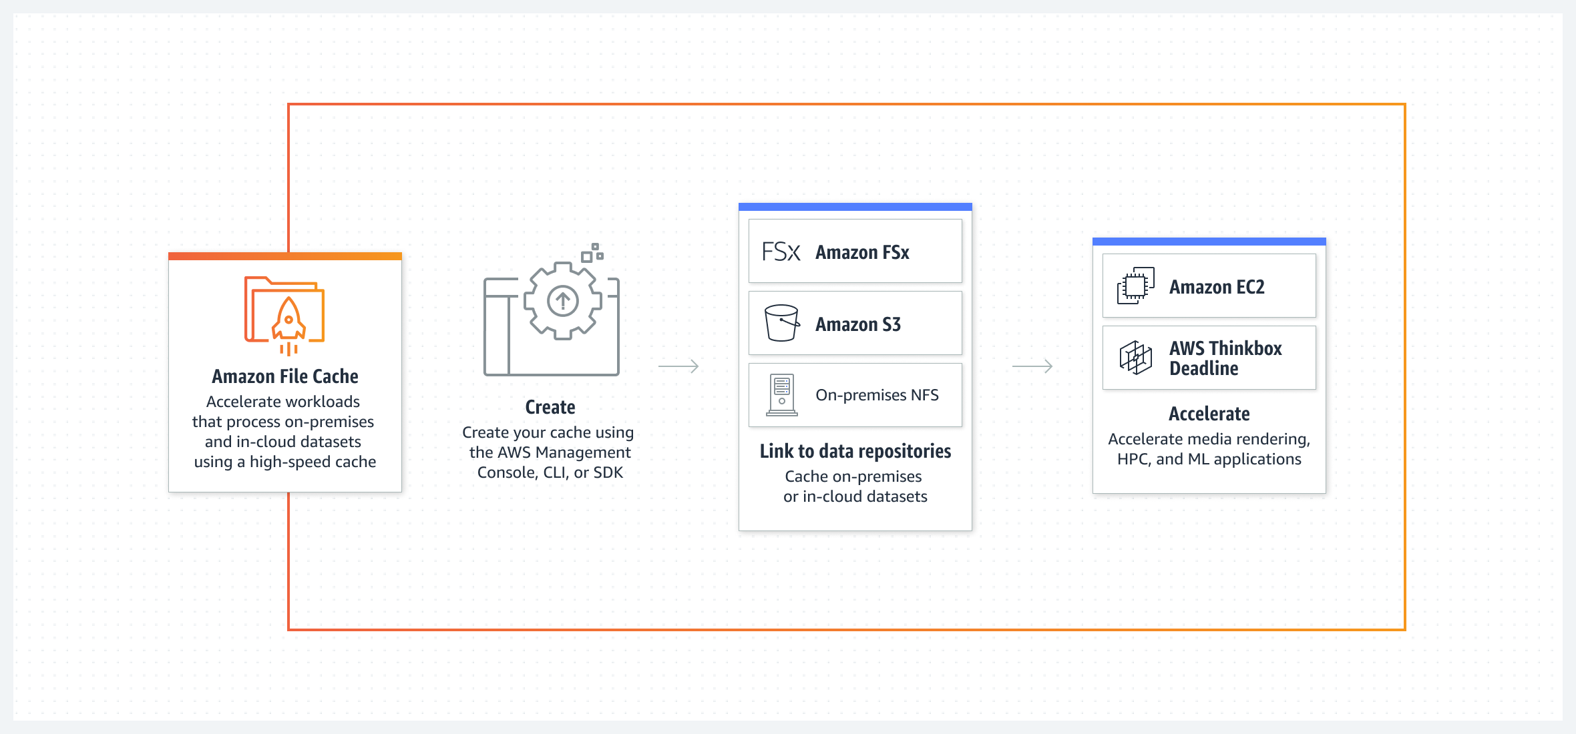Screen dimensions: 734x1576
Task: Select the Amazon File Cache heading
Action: pyautogui.click(x=285, y=376)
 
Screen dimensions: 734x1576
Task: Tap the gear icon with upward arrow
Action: pyautogui.click(x=563, y=301)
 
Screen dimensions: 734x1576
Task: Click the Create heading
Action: pyautogui.click(x=550, y=407)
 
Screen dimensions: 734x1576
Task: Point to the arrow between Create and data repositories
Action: pyautogui.click(x=678, y=366)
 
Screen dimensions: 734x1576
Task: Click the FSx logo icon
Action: pyautogui.click(x=781, y=252)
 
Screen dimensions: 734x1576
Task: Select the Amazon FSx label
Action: pyautogui.click(x=862, y=252)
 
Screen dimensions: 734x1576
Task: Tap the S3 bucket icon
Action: pyautogui.click(x=781, y=324)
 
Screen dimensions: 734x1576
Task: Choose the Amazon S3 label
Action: pyautogui.click(x=858, y=324)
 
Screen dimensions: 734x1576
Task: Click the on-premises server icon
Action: pyautogui.click(x=782, y=395)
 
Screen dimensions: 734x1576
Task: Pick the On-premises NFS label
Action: pyautogui.click(x=877, y=395)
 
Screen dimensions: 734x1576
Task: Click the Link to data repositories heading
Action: pyautogui.click(x=855, y=451)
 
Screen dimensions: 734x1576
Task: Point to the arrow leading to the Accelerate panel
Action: pyautogui.click(x=1032, y=366)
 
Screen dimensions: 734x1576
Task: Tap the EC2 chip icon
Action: pyautogui.click(x=1135, y=286)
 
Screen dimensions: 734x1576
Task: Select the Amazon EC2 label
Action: pyautogui.click(x=1217, y=287)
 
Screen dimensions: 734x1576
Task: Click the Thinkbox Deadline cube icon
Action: pyautogui.click(x=1135, y=358)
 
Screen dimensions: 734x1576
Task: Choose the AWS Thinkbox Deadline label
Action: pyautogui.click(x=1225, y=358)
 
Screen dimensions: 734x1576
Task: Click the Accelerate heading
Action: pyautogui.click(x=1209, y=414)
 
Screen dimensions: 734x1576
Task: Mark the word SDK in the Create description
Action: pyautogui.click(x=608, y=472)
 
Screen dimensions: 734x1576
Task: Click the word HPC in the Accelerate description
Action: pyautogui.click(x=1133, y=459)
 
